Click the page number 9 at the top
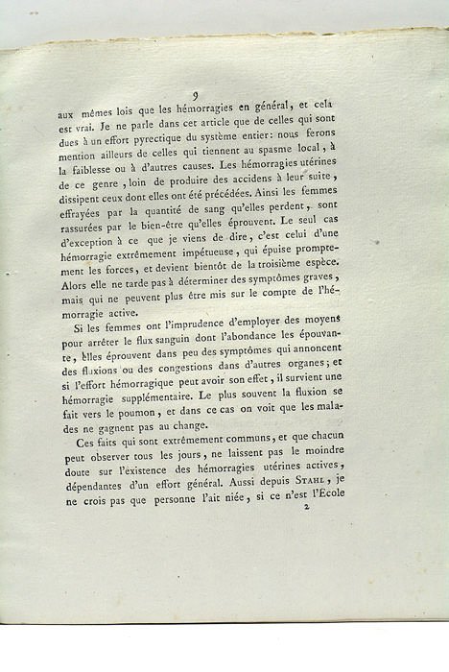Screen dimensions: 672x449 coord(194,95)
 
